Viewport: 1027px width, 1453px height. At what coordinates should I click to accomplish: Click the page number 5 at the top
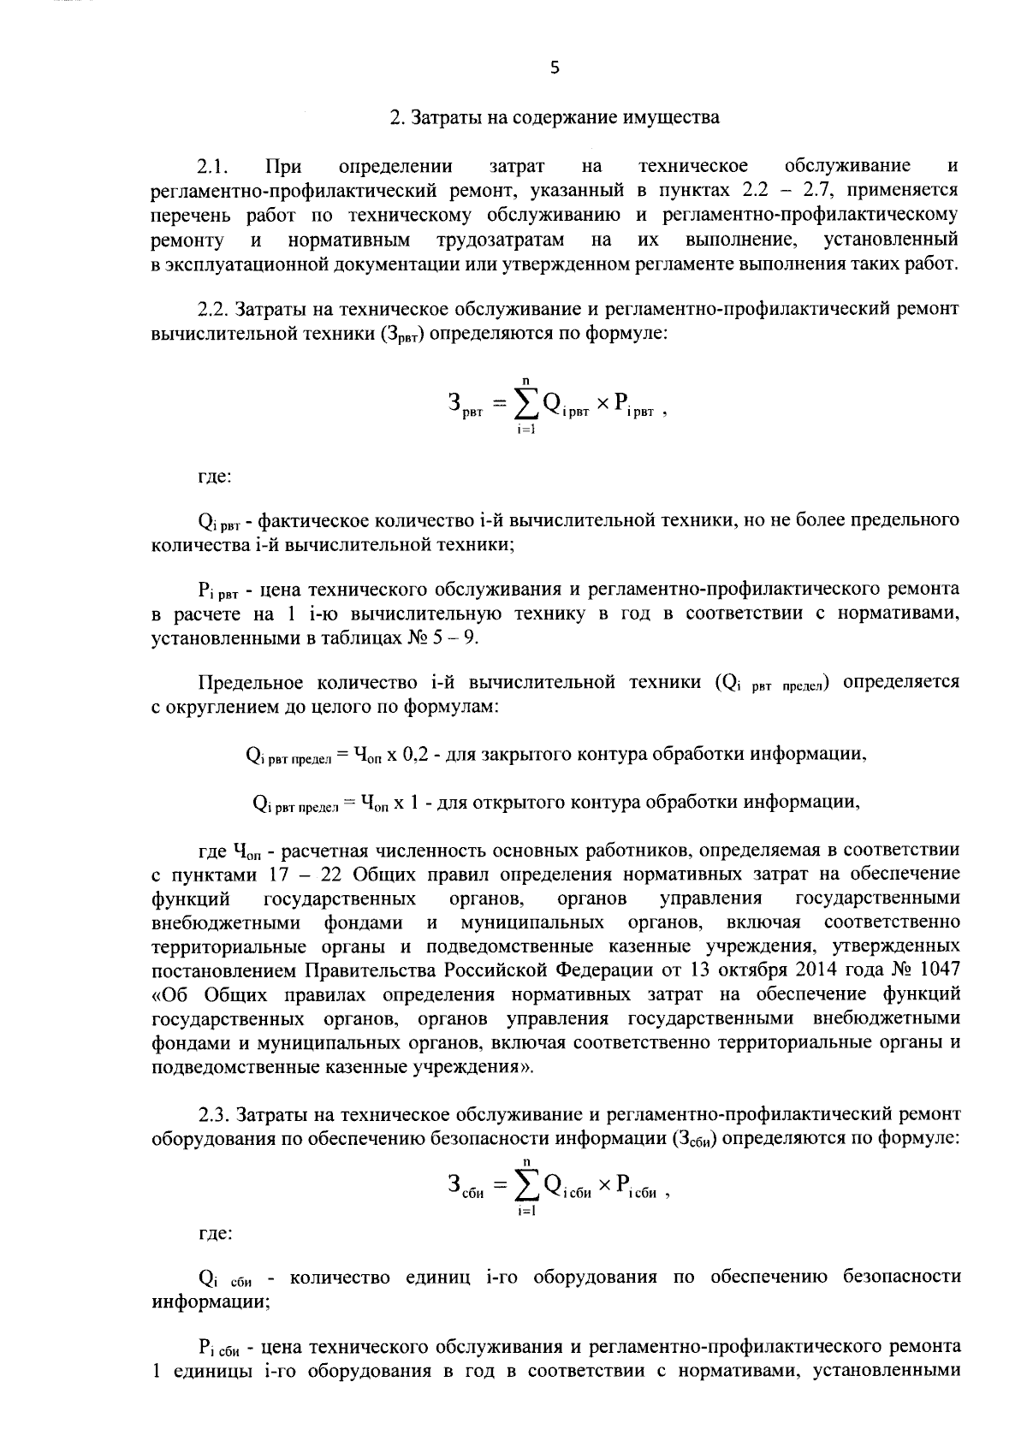tap(555, 68)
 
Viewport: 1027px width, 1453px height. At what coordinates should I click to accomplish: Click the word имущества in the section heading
tap(672, 117)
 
